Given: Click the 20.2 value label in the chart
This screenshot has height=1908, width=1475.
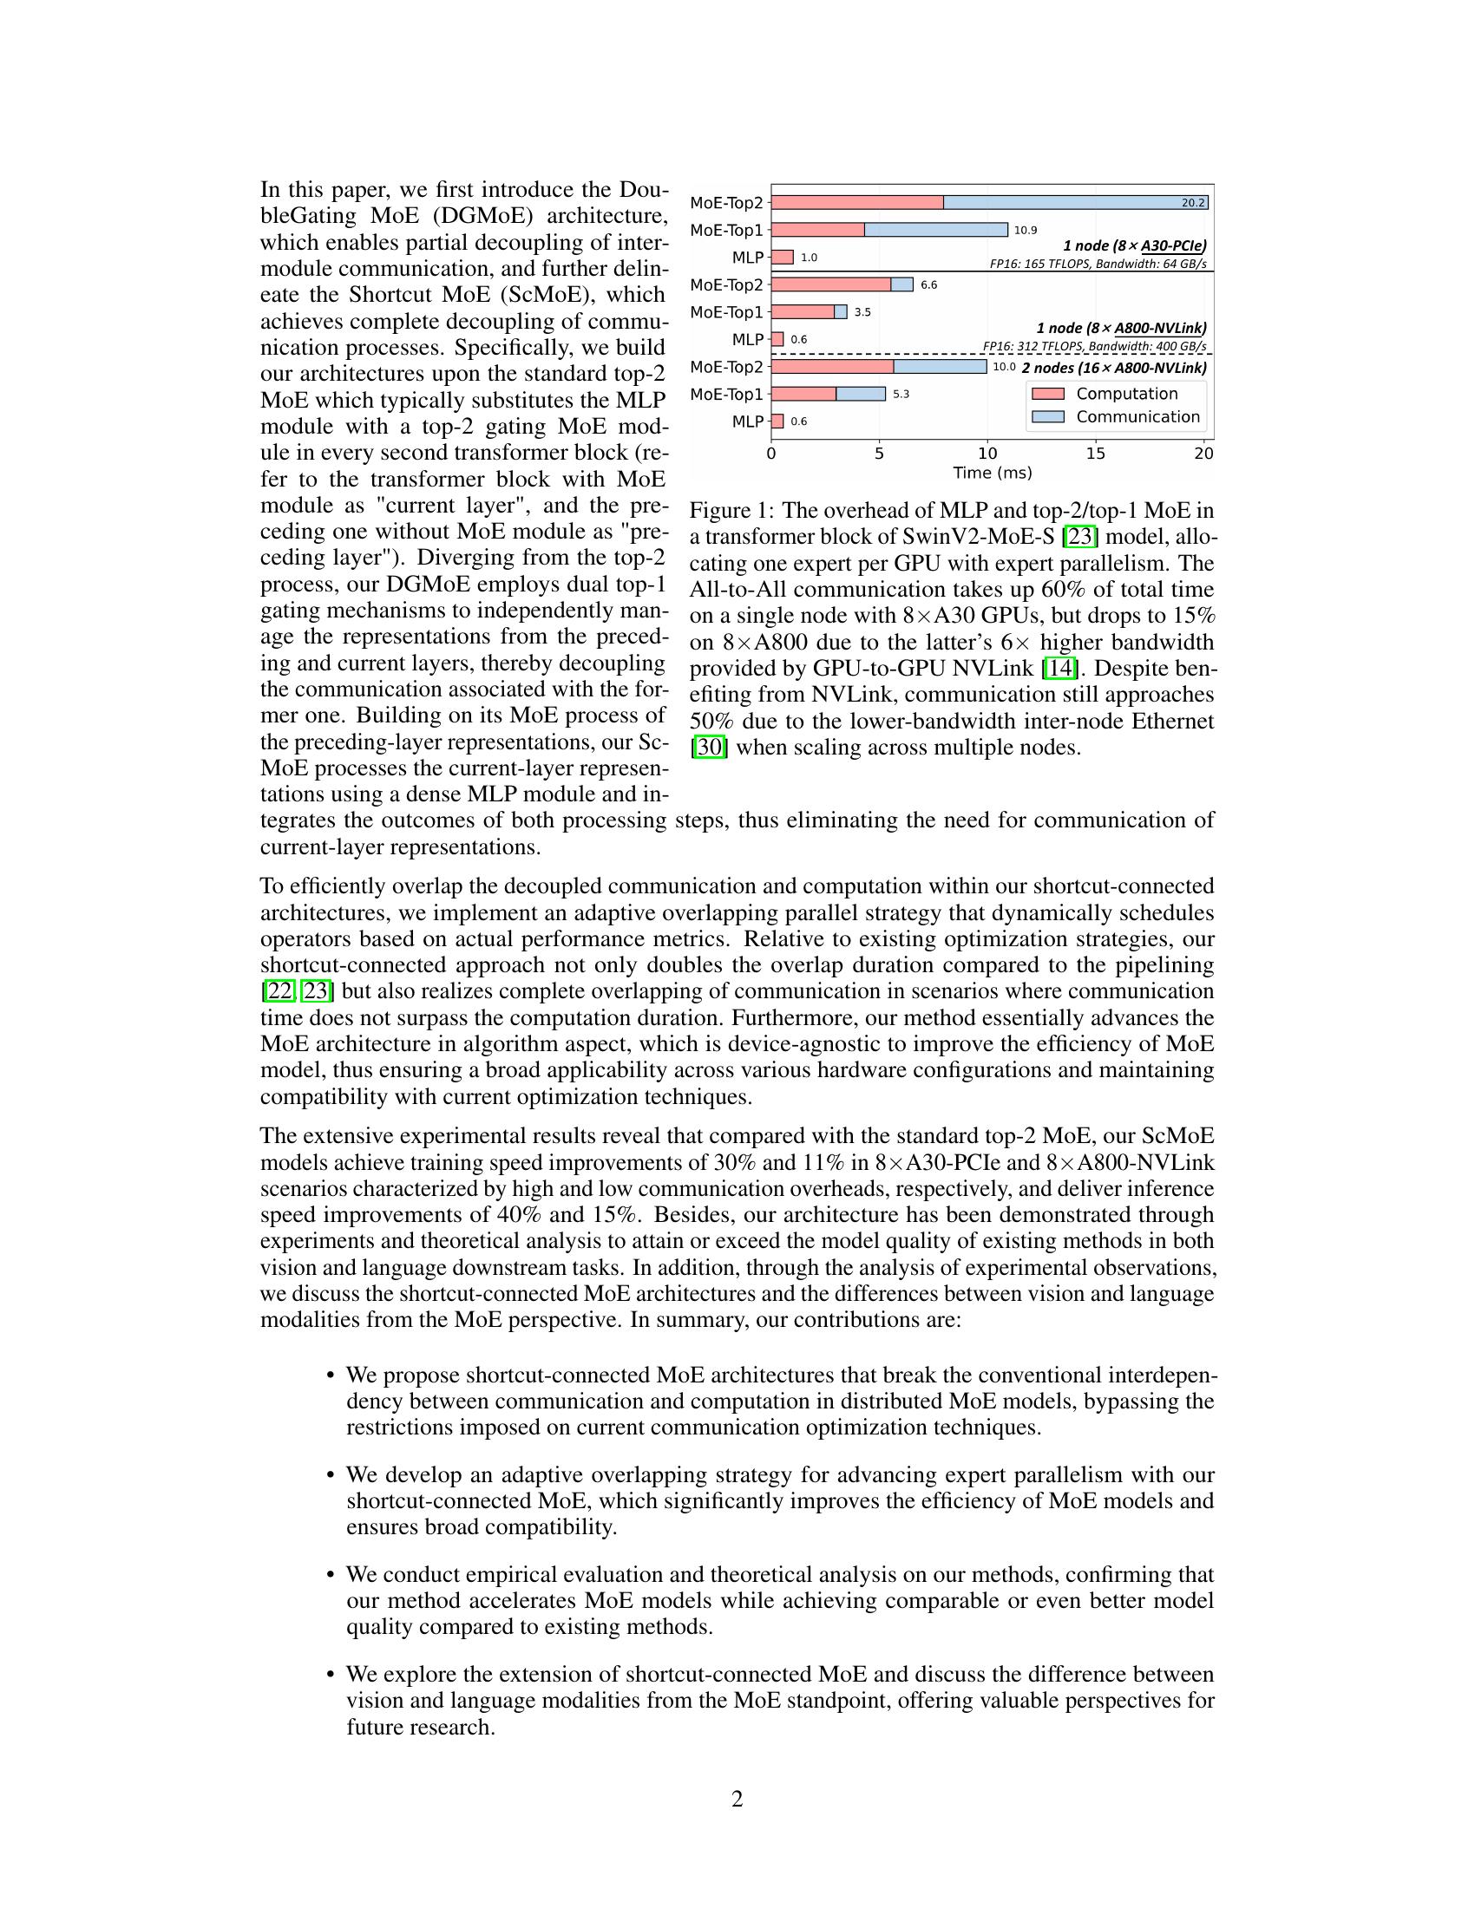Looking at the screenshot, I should (1193, 203).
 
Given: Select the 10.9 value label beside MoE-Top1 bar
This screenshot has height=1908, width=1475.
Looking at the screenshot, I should (1025, 231).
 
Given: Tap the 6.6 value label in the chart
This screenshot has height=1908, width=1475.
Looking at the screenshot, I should (929, 285).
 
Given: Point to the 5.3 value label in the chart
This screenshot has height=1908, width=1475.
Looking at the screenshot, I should (901, 395).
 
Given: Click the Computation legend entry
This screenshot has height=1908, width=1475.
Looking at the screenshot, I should (1125, 394).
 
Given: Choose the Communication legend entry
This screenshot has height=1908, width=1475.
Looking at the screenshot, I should (1137, 416).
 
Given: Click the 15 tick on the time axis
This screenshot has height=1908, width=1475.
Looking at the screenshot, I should (1095, 454).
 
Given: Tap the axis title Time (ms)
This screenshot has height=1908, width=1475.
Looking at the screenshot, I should (992, 474).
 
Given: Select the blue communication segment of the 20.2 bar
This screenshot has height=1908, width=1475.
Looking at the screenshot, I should (1075, 203).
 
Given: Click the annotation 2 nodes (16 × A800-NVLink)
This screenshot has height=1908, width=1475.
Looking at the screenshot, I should (1114, 368).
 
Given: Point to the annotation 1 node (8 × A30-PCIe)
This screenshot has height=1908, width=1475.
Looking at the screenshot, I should (1134, 246).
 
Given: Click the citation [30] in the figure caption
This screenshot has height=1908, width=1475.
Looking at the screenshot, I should (709, 748).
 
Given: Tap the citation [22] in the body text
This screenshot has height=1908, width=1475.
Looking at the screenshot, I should (279, 991).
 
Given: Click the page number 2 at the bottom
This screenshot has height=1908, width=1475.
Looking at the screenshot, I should (737, 1800).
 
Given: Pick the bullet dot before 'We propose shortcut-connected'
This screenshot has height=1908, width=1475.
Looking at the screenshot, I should (331, 1376).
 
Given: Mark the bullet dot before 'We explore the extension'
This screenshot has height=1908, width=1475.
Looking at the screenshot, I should (331, 1675).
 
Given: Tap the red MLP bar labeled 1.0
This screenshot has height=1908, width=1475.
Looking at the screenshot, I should (782, 258).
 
